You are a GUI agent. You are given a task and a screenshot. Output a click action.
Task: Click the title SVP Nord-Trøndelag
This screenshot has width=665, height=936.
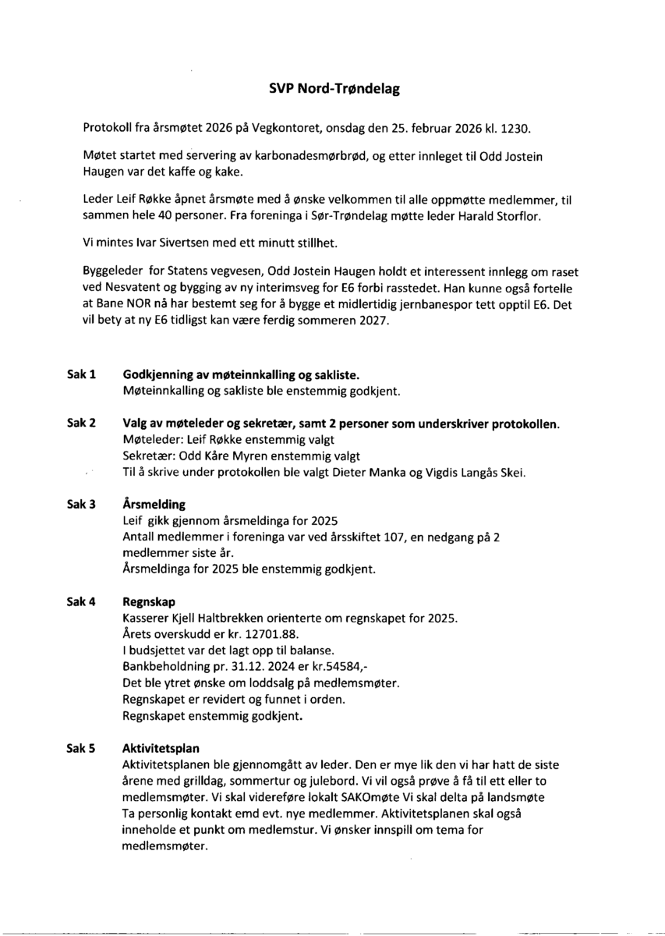334,90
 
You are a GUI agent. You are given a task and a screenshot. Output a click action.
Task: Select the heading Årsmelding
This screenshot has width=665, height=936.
154,504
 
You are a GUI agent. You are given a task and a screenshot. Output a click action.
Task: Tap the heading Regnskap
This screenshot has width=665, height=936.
150,602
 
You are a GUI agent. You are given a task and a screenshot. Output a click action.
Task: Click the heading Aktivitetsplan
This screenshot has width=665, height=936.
161,749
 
